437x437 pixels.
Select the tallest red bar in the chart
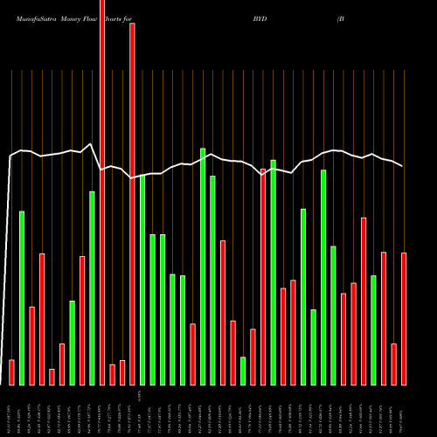(102, 192)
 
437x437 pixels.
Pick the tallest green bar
(203, 267)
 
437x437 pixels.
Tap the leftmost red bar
(11, 372)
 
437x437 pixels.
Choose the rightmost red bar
(404, 319)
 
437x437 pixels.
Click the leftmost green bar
(22, 298)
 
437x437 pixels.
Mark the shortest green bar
(243, 371)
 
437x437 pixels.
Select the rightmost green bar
(373, 330)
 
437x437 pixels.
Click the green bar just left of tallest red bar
(92, 288)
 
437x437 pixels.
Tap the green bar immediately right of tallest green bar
(212, 281)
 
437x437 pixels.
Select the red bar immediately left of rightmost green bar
(364, 302)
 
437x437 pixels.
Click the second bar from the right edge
(393, 364)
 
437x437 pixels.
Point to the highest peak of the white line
(90, 144)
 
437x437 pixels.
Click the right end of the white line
(403, 166)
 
